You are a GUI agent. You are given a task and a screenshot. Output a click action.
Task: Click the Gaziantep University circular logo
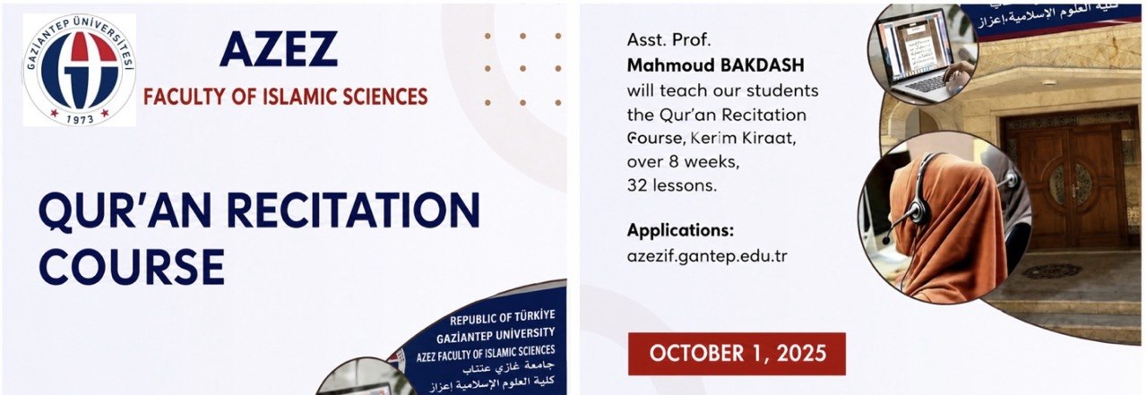pos(80,70)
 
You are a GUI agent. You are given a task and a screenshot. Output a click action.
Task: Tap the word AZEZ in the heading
pos(279,49)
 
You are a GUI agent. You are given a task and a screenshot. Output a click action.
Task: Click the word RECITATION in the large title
pos(353,210)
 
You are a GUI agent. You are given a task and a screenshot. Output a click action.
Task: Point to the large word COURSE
pos(132,267)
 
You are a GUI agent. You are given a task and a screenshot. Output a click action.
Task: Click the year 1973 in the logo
pos(81,119)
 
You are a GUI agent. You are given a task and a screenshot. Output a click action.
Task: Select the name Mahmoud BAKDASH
pos(716,65)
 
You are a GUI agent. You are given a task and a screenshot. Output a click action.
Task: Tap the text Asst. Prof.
pos(668,40)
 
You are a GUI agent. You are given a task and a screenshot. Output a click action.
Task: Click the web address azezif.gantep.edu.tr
pos(707,256)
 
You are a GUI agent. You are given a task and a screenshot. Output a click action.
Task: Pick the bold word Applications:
pos(680,231)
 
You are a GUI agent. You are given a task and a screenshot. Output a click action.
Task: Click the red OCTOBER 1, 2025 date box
pos(737,354)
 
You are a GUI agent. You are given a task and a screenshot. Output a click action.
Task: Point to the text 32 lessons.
pos(672,185)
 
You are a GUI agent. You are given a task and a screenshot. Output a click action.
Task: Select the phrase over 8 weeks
pos(683,162)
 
